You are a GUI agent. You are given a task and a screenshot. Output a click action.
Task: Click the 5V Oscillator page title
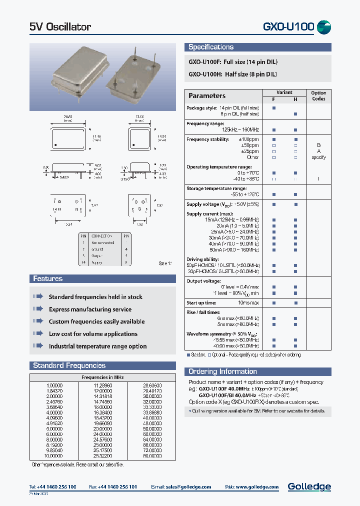click(60, 27)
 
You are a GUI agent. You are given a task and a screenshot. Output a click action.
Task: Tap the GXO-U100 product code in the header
click(288, 27)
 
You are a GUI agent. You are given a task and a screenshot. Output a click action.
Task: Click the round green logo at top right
click(324, 27)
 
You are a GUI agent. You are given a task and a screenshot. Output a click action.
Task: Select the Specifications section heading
click(211, 47)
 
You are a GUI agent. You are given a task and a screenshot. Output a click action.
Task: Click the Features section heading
click(48, 278)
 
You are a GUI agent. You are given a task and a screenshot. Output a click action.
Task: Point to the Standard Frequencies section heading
click(69, 365)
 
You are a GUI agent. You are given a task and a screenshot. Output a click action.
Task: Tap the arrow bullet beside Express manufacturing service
click(38, 309)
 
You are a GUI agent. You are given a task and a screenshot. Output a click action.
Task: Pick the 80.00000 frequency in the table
click(152, 456)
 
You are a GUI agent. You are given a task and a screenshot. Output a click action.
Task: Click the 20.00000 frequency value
click(103, 428)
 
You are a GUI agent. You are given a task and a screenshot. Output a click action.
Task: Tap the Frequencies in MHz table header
click(102, 377)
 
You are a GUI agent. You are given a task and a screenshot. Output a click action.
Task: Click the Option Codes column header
click(318, 95)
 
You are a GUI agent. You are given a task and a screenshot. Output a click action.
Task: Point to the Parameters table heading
click(207, 95)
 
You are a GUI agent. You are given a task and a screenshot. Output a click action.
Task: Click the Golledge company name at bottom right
click(309, 486)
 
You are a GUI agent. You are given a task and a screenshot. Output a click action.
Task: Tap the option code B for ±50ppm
click(318, 145)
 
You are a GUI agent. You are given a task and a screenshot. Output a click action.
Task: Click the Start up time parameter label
click(201, 302)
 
